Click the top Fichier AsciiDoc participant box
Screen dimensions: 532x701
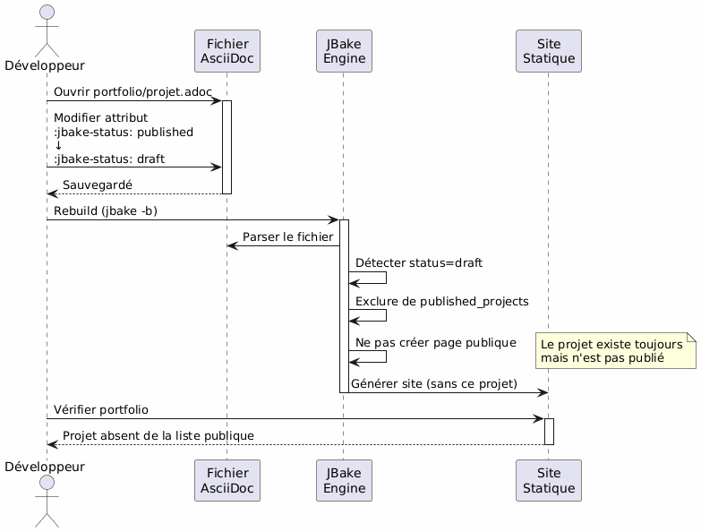click(x=227, y=51)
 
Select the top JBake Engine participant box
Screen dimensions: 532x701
click(x=344, y=51)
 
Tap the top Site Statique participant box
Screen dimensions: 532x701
click(x=549, y=51)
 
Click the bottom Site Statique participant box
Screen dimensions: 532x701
click(x=549, y=481)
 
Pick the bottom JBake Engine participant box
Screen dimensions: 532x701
click(x=344, y=481)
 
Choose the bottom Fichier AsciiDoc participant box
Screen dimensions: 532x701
click(x=227, y=481)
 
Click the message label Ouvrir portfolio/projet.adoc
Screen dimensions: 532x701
click(x=129, y=92)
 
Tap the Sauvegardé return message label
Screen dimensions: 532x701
click(x=97, y=184)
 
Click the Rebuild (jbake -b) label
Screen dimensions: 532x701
click(x=106, y=210)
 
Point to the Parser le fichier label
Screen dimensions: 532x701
click(x=288, y=236)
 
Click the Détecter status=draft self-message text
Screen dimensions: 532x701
click(x=418, y=262)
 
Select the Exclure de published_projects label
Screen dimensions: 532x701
click(x=440, y=302)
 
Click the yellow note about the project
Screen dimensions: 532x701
click(x=614, y=350)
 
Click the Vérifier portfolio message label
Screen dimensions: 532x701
click(x=101, y=409)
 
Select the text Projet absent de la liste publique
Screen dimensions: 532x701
click(x=158, y=435)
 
